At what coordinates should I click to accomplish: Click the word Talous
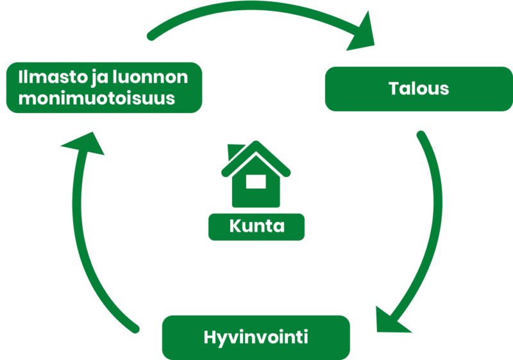(x=419, y=89)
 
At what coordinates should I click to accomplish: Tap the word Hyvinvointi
(x=256, y=338)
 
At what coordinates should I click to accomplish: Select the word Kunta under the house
(x=257, y=226)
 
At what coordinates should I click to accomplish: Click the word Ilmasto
(x=53, y=77)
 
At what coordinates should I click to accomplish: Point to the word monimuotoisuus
(x=97, y=98)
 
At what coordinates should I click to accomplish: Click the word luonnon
(x=150, y=77)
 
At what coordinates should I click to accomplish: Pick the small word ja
(x=99, y=78)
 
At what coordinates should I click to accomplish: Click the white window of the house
(x=256, y=182)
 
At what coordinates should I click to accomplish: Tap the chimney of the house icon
(x=235, y=151)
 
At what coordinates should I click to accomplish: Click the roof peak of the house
(x=256, y=143)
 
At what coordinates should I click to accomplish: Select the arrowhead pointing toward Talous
(x=362, y=33)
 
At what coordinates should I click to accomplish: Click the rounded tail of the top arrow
(x=151, y=37)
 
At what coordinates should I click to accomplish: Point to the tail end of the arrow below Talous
(x=421, y=135)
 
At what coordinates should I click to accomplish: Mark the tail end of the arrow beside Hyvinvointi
(x=135, y=329)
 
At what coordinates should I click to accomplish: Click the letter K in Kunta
(x=235, y=226)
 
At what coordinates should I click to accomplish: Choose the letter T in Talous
(x=395, y=89)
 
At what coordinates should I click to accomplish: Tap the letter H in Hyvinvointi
(x=210, y=337)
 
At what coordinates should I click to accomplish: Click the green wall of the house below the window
(x=256, y=198)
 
